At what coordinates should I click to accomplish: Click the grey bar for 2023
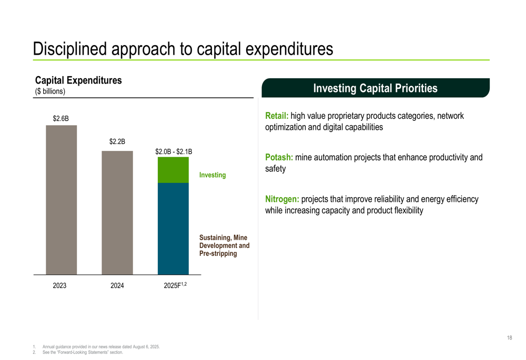(62, 200)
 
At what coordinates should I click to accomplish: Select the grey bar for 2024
(117, 212)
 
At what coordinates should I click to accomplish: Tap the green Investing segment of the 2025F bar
(173, 170)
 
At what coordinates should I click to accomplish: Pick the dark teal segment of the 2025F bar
(173, 229)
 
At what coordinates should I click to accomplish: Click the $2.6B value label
(60, 118)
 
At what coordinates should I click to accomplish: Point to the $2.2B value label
(117, 141)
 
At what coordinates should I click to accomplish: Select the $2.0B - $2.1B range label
(174, 151)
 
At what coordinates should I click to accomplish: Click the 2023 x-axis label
(59, 285)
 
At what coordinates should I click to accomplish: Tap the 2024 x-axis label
(117, 285)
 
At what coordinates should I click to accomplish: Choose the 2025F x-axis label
(175, 285)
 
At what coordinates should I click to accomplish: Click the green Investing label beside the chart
(213, 175)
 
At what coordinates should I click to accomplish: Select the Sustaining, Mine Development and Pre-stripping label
(224, 245)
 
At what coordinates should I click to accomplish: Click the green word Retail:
(277, 116)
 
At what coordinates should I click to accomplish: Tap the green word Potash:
(279, 157)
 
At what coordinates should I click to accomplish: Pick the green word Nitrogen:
(282, 199)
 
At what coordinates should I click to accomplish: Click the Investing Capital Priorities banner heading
(376, 88)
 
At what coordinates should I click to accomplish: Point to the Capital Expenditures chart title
(78, 80)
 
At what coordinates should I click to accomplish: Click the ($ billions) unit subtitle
(50, 91)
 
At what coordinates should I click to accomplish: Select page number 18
(510, 338)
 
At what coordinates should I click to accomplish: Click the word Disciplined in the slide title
(70, 49)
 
